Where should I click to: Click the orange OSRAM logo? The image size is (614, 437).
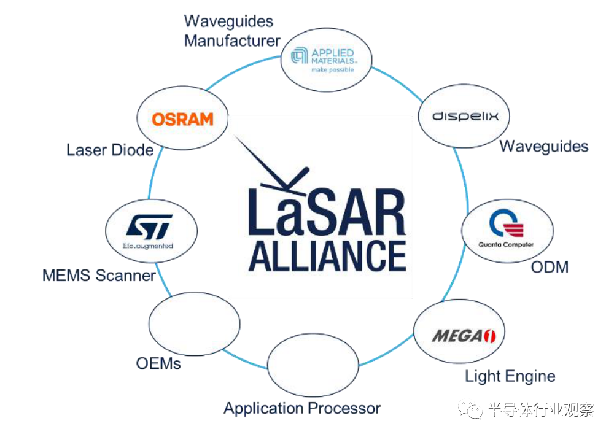(x=182, y=119)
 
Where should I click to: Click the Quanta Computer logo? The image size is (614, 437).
(x=507, y=232)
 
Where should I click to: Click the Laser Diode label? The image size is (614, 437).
(x=110, y=150)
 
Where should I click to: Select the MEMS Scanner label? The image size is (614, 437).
(x=99, y=275)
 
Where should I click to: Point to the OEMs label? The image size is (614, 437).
(x=158, y=363)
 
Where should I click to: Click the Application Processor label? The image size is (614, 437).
(x=302, y=408)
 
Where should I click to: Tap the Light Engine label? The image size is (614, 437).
(x=510, y=376)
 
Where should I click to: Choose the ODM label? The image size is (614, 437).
(x=550, y=267)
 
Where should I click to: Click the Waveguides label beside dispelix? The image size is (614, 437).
(x=543, y=146)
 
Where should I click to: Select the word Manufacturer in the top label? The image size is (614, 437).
(x=232, y=41)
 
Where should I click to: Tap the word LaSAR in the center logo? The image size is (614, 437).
(x=327, y=212)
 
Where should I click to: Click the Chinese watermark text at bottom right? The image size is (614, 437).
(x=540, y=411)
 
